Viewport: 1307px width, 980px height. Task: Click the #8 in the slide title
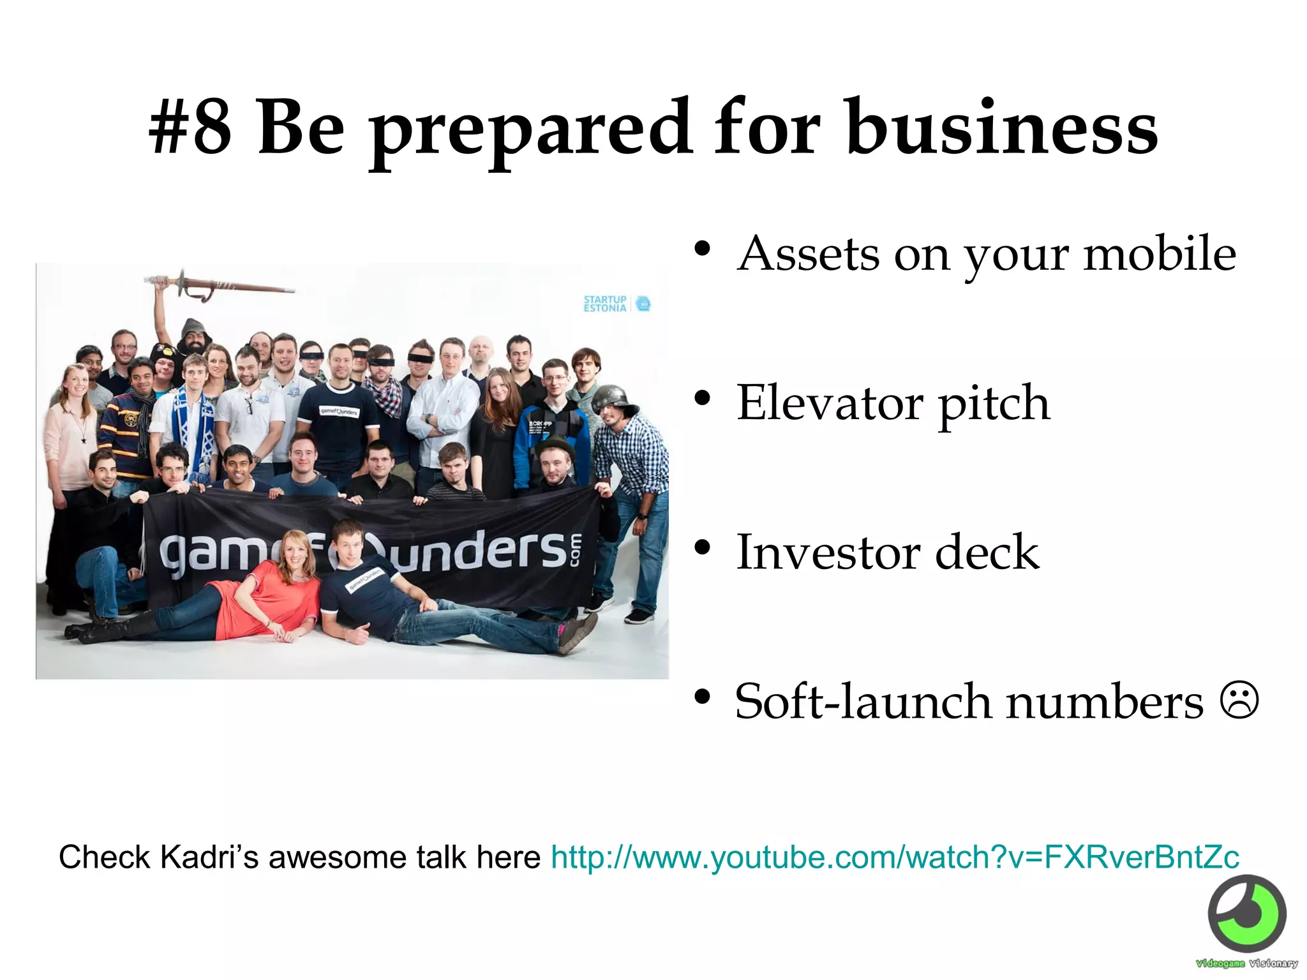click(x=190, y=128)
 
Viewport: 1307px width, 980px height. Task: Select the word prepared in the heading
click(x=531, y=131)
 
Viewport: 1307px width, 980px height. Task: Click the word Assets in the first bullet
click(x=808, y=254)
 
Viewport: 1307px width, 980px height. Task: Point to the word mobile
click(x=1160, y=254)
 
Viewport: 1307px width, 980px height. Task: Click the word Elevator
click(x=830, y=403)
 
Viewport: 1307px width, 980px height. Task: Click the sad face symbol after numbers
click(x=1239, y=701)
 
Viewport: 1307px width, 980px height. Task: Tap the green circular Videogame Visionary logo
click(x=1246, y=914)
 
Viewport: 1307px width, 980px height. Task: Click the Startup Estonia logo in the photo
click(x=616, y=304)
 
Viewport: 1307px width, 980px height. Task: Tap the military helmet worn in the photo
click(x=613, y=399)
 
